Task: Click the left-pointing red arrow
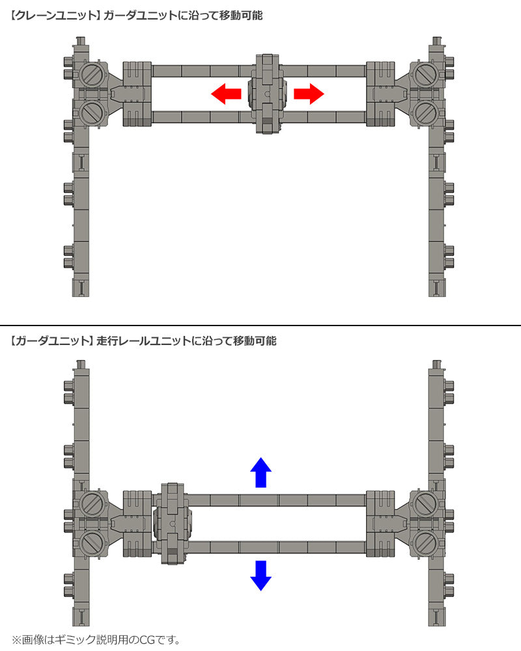tap(226, 94)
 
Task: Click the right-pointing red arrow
tap(309, 94)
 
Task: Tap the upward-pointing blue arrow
tap(261, 473)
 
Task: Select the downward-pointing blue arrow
tap(261, 575)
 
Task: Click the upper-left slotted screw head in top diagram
tap(91, 74)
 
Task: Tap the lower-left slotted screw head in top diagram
tap(91, 113)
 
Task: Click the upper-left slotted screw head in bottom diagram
tap(91, 503)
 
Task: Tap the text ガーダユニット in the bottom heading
tap(50, 341)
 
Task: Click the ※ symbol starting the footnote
tap(16, 640)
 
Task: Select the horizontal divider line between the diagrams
tap(260, 325)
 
